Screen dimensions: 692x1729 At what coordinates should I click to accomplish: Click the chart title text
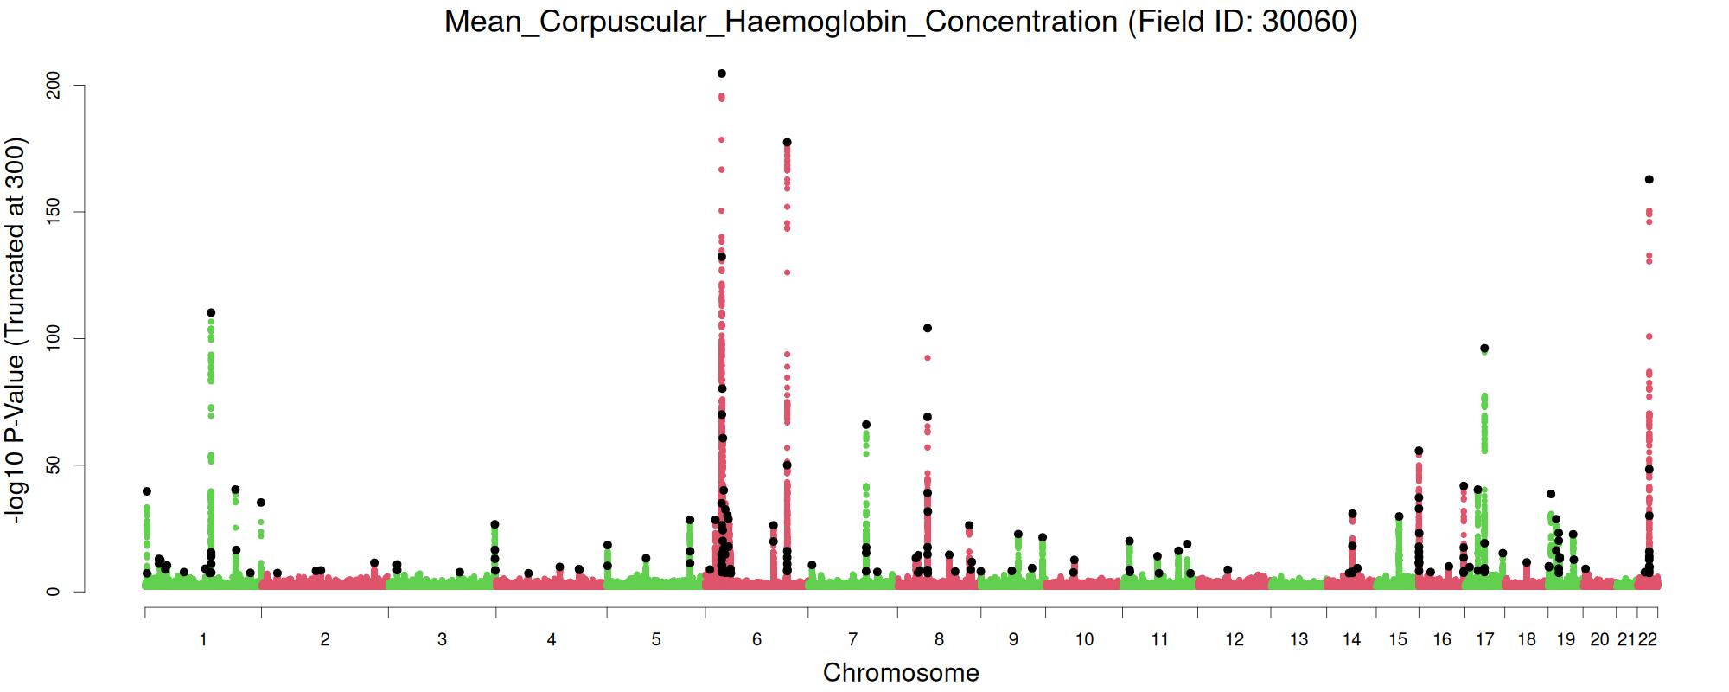click(x=901, y=22)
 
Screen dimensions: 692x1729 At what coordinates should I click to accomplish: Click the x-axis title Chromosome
click(x=901, y=672)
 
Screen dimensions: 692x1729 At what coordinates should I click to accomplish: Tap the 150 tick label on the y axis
click(x=54, y=212)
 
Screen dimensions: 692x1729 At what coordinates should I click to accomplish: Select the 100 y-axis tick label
click(x=54, y=338)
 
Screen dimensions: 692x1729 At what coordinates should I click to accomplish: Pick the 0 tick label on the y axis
click(x=54, y=592)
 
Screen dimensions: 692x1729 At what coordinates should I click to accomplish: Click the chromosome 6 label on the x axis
click(x=757, y=639)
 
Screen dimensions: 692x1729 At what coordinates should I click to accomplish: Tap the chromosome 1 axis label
click(x=203, y=639)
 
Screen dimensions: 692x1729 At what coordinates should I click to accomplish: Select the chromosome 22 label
click(x=1648, y=639)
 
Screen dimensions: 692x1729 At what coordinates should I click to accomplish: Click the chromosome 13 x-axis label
click(x=1298, y=639)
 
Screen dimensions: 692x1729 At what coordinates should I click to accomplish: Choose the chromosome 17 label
click(x=1485, y=639)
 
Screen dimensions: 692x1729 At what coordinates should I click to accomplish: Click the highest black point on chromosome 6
click(x=722, y=74)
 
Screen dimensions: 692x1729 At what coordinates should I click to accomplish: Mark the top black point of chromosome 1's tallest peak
click(x=211, y=312)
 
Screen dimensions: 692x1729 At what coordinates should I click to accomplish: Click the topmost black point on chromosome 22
click(x=1649, y=179)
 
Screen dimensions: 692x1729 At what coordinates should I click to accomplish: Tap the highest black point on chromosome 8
click(x=928, y=328)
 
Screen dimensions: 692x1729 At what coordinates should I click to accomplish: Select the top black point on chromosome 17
click(x=1484, y=349)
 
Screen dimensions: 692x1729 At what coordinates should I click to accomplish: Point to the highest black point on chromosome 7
click(x=866, y=425)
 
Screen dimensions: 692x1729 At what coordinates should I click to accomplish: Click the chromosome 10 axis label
click(x=1084, y=639)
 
